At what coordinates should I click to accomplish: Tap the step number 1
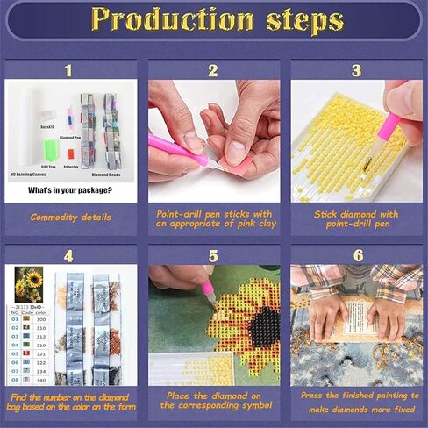(x=69, y=69)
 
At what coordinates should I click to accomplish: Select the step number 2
(x=212, y=70)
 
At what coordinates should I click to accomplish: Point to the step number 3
(x=355, y=70)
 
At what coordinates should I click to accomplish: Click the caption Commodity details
(x=70, y=217)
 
